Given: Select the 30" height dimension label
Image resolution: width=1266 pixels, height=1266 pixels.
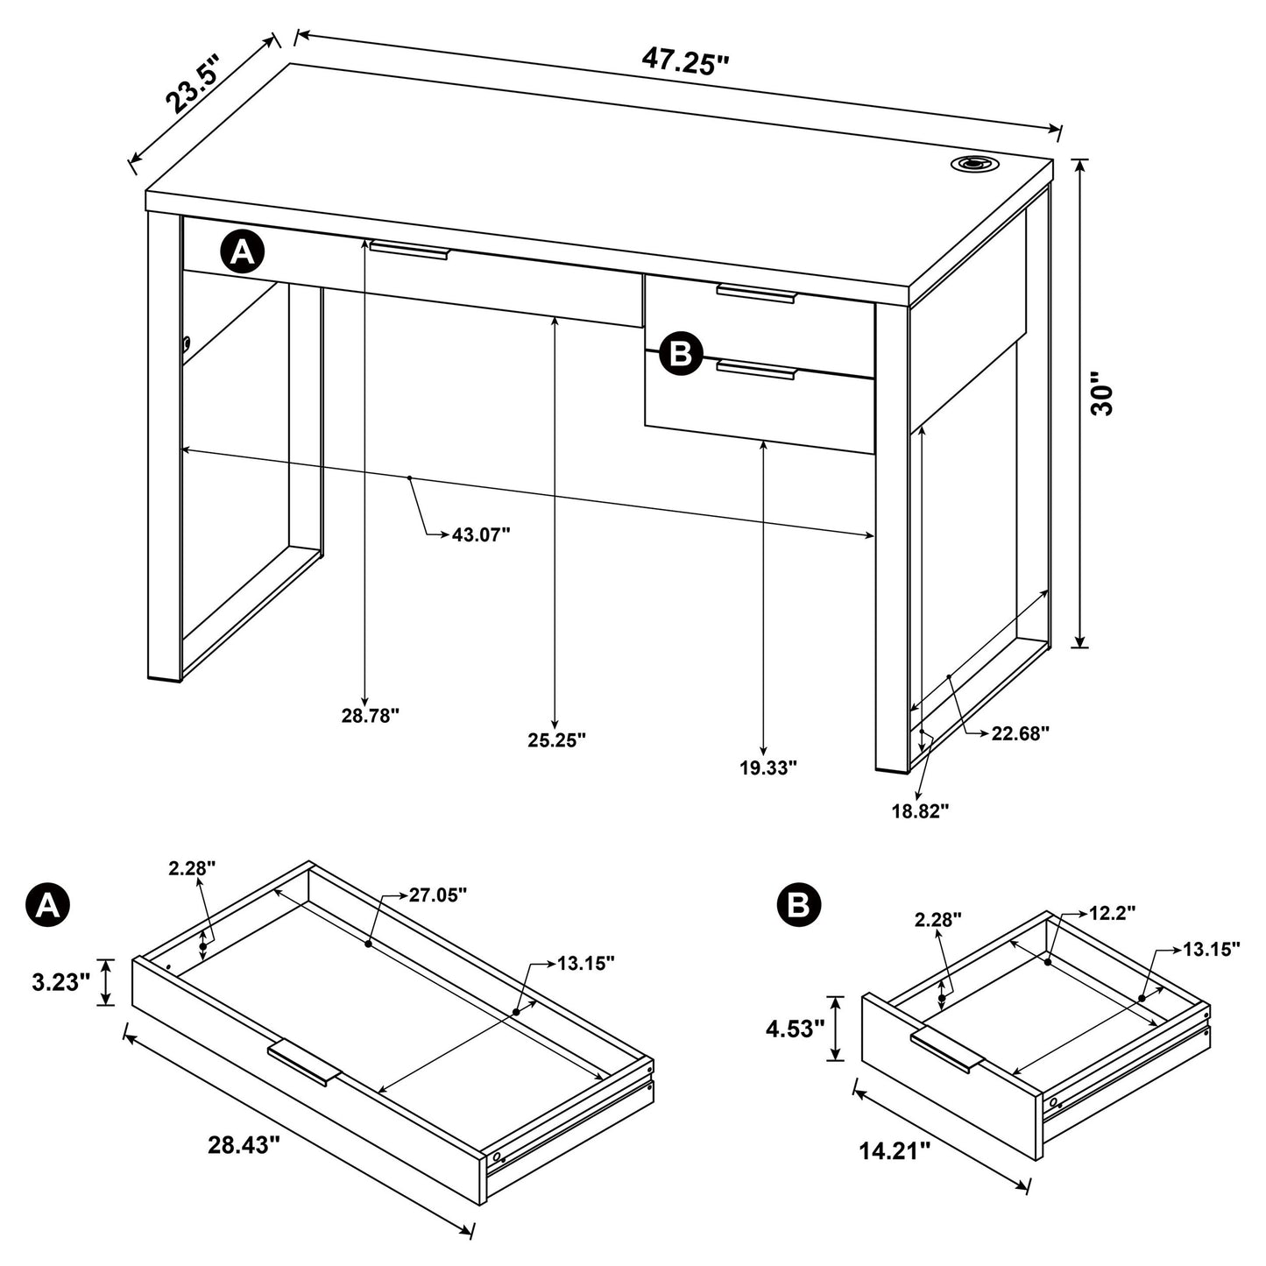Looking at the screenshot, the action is (x=1102, y=393).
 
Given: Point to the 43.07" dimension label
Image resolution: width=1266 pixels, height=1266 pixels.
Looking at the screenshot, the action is (x=481, y=534).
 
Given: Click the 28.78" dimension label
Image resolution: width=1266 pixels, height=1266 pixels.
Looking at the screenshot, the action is (x=371, y=716).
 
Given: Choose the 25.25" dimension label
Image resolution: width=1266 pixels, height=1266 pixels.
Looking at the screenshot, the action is (x=556, y=740).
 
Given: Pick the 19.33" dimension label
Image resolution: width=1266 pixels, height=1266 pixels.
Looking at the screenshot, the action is (x=768, y=767).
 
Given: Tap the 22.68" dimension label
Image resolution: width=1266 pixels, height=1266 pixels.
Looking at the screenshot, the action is (x=1021, y=733).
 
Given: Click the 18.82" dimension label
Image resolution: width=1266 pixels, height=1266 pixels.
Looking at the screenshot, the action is (x=921, y=811).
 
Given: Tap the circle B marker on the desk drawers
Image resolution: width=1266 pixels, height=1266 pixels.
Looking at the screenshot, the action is (x=682, y=354).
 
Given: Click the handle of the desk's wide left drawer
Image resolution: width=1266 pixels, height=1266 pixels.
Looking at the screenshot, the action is (x=408, y=250).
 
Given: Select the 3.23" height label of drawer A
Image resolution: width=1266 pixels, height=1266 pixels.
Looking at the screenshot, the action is (x=61, y=983).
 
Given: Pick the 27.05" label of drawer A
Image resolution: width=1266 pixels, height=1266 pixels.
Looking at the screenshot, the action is (x=437, y=895).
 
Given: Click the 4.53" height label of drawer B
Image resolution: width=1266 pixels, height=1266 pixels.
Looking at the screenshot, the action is (x=795, y=1029).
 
